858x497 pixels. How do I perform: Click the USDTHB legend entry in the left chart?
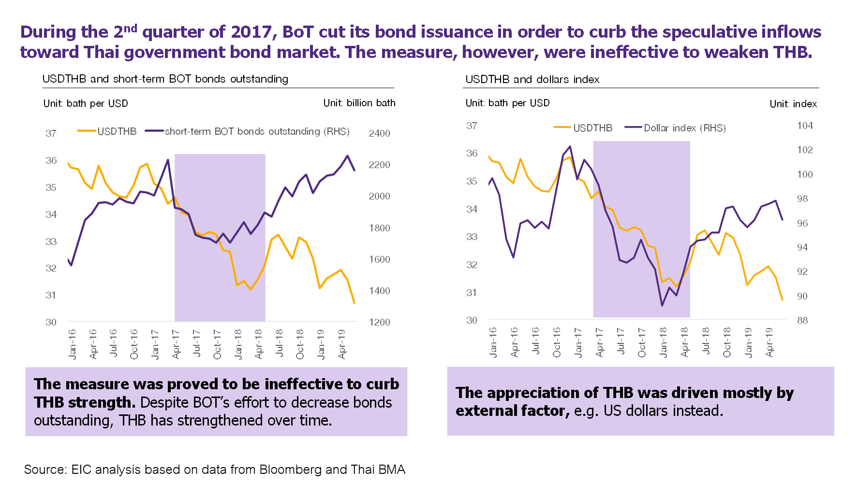point(117,131)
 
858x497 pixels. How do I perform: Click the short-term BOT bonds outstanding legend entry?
point(257,131)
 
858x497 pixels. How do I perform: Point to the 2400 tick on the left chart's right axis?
point(379,133)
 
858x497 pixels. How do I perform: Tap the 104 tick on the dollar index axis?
point(805,126)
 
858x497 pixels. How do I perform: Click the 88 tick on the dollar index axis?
point(802,320)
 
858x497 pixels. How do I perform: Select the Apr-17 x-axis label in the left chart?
point(176,344)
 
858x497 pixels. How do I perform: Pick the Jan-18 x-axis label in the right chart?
point(663,342)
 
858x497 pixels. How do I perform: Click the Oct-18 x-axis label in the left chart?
point(300,344)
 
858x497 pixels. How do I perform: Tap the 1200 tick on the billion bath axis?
point(379,322)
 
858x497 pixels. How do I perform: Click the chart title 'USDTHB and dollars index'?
point(532,79)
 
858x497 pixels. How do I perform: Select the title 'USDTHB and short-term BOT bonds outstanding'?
point(165,79)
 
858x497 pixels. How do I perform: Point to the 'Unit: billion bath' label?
point(359,103)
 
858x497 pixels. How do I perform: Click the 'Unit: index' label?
point(793,104)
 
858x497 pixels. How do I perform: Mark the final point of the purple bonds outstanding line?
point(355,170)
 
